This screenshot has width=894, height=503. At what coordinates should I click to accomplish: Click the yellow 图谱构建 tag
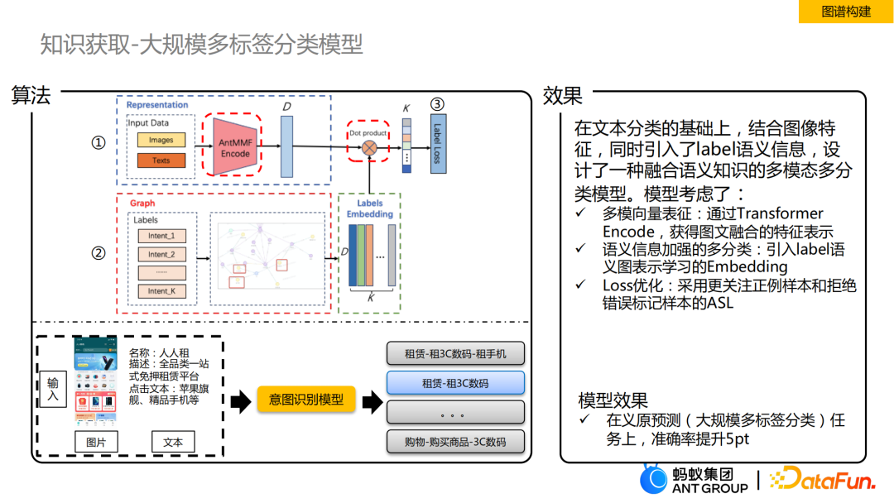(x=845, y=12)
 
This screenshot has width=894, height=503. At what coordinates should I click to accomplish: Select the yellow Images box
(x=161, y=141)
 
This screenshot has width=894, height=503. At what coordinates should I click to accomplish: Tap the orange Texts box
(x=161, y=160)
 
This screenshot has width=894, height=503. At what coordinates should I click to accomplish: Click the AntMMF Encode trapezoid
(x=235, y=147)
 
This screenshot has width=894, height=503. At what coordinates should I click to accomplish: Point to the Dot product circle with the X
(x=369, y=148)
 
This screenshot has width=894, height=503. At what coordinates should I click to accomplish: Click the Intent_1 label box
(x=161, y=237)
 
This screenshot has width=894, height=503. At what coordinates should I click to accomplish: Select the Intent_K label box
(x=161, y=291)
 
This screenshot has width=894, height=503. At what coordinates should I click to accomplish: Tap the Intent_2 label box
(x=161, y=255)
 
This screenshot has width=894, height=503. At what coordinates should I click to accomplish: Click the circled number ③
(x=437, y=105)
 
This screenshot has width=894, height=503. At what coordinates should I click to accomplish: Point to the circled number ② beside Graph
(x=99, y=254)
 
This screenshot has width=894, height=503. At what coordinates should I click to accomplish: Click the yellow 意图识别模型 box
(x=306, y=400)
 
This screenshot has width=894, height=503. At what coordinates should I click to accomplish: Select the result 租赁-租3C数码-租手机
(x=455, y=354)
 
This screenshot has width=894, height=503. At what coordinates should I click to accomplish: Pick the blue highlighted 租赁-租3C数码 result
(x=455, y=383)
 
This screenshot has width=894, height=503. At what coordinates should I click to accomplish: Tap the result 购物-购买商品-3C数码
(x=455, y=441)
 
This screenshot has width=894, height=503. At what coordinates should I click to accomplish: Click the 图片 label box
(x=96, y=442)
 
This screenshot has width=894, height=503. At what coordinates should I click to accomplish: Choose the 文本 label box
(x=173, y=442)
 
